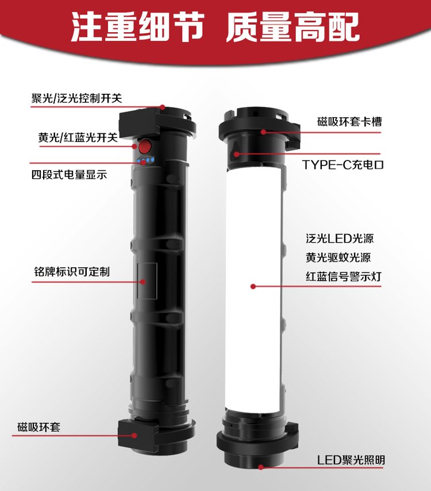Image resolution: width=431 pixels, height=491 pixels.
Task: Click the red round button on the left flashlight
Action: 145,146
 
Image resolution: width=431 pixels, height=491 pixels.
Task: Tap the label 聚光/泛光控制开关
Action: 76,98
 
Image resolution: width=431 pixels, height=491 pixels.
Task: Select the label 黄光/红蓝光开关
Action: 78,137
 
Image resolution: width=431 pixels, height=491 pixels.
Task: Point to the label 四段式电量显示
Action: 69,174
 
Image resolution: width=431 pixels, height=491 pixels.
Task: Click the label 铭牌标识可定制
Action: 72,271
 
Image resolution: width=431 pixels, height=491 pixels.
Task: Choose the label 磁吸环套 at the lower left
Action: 39,427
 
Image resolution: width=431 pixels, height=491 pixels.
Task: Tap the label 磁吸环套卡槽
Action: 349,121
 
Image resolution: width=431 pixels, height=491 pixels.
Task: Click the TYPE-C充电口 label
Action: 343,164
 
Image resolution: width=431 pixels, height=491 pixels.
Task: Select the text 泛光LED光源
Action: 340,239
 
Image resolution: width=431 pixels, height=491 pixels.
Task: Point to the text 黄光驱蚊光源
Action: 338,258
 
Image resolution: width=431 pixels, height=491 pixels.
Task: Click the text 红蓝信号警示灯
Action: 344,277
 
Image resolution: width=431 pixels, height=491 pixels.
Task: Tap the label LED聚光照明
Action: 351,460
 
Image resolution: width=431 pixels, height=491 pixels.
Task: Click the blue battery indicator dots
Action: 145,161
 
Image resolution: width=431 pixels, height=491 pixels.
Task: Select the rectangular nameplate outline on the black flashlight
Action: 147,281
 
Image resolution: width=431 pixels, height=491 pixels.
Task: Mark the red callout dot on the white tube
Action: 253,286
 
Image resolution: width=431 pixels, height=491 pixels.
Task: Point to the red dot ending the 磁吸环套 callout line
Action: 134,435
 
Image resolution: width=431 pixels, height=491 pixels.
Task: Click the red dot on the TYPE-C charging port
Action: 237,154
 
